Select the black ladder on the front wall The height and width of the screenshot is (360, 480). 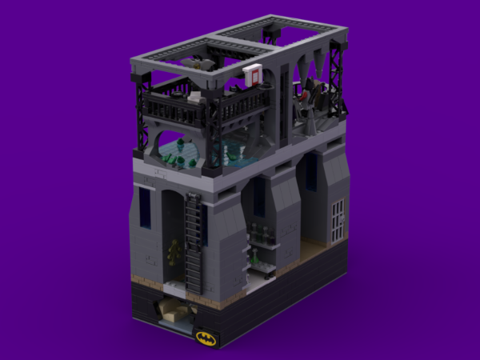(193, 240)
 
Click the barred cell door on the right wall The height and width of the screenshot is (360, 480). (339, 215)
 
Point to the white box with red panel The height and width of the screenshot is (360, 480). (254, 75)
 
